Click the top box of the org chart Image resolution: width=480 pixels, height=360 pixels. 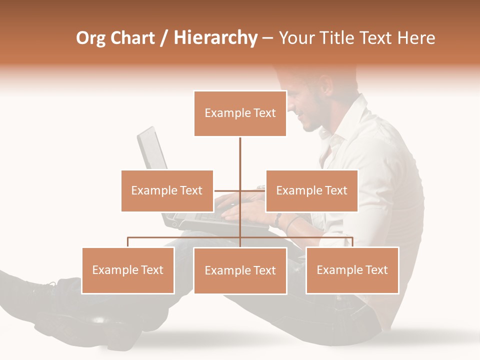240,113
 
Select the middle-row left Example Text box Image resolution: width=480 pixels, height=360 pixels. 167,190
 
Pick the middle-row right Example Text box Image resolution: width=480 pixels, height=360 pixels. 311,190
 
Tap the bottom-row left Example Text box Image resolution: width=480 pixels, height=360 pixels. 128,270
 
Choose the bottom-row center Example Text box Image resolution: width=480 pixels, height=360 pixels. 240,270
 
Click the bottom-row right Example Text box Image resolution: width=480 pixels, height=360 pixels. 352,270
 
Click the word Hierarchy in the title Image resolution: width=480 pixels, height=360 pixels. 215,38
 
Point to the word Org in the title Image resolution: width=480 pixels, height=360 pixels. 90,38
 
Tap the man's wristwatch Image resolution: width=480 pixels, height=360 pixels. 277,219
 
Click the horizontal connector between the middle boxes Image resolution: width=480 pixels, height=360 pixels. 227,190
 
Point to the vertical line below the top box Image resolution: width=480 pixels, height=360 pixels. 240,155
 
